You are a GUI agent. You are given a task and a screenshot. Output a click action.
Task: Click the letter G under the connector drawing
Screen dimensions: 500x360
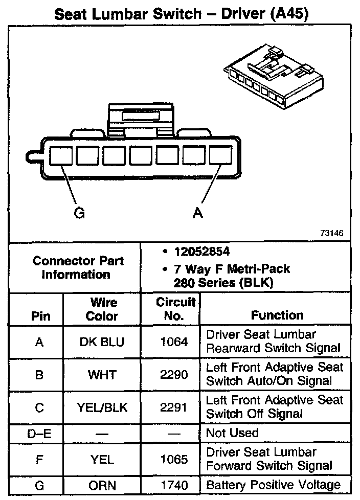(x=79, y=213)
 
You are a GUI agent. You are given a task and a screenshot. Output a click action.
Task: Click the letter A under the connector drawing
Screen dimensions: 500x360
(x=197, y=213)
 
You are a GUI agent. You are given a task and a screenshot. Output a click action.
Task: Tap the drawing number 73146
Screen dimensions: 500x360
(x=332, y=233)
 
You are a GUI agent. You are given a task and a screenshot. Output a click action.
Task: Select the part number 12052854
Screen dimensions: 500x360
(x=201, y=252)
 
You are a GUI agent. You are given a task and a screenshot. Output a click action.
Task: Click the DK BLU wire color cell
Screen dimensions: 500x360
(x=102, y=342)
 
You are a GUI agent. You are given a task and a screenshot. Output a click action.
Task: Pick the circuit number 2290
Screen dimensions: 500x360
(x=174, y=375)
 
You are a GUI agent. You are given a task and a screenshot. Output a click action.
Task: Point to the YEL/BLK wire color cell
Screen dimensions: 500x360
(x=102, y=407)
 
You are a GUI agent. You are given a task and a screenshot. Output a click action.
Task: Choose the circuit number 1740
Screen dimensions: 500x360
(x=174, y=485)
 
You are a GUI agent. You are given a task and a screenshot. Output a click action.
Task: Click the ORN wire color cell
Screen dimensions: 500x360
(x=102, y=485)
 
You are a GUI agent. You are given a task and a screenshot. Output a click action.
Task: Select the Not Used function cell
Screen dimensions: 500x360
(x=232, y=433)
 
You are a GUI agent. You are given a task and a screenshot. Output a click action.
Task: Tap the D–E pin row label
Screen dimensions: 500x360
(x=39, y=434)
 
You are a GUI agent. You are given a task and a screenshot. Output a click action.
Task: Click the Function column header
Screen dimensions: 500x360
(x=277, y=315)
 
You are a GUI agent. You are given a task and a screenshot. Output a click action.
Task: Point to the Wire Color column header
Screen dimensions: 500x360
(x=102, y=309)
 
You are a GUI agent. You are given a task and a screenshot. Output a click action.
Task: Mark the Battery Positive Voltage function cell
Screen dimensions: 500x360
(x=273, y=485)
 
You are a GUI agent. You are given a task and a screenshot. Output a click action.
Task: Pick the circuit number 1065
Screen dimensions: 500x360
(x=174, y=459)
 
